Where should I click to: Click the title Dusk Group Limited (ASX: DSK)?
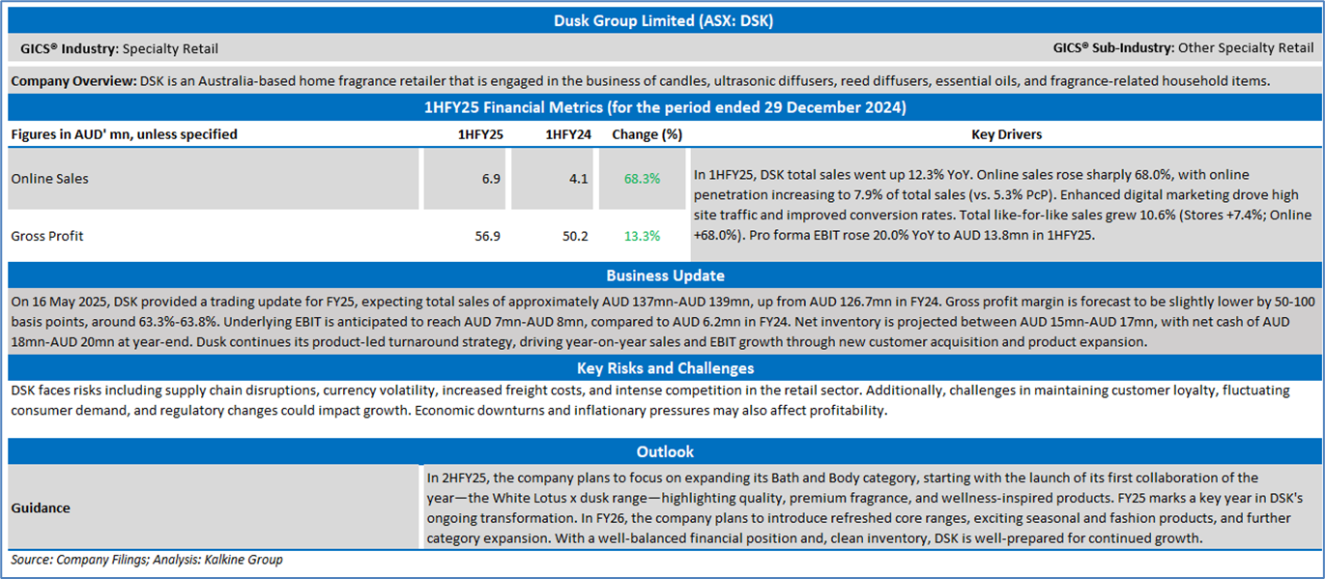click(x=662, y=20)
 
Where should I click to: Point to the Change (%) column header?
click(x=647, y=134)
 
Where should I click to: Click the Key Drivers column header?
click(x=1006, y=134)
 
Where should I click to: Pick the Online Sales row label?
click(x=49, y=179)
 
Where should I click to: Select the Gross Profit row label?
click(x=47, y=236)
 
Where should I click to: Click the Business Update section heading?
click(x=665, y=275)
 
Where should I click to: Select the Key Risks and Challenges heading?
click(x=665, y=368)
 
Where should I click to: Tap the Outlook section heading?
click(x=665, y=451)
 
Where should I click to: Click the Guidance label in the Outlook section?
click(x=41, y=507)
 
